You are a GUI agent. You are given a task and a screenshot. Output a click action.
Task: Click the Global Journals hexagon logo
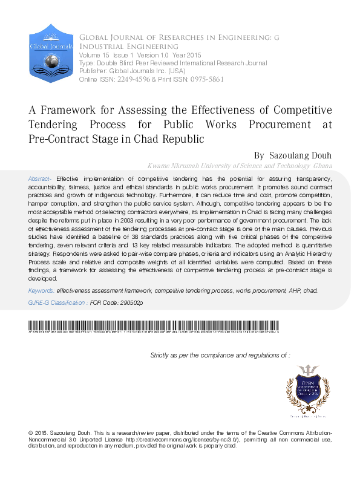pyautogui.click(x=46, y=54)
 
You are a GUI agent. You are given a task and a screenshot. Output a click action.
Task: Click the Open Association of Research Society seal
pyautogui.click(x=310, y=393)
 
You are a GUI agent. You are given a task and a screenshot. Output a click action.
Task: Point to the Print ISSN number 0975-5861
pyautogui.click(x=206, y=79)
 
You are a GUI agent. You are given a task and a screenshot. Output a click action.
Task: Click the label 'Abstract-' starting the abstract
pyautogui.click(x=41, y=179)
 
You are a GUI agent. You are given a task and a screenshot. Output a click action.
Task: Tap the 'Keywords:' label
pyautogui.click(x=41, y=291)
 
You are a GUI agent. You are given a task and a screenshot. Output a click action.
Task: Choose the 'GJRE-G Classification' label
pyautogui.click(x=57, y=302)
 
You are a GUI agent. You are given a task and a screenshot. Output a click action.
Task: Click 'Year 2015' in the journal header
pyautogui.click(x=171, y=55)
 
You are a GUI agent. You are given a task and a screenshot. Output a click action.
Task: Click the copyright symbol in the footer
pyautogui.click(x=31, y=433)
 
